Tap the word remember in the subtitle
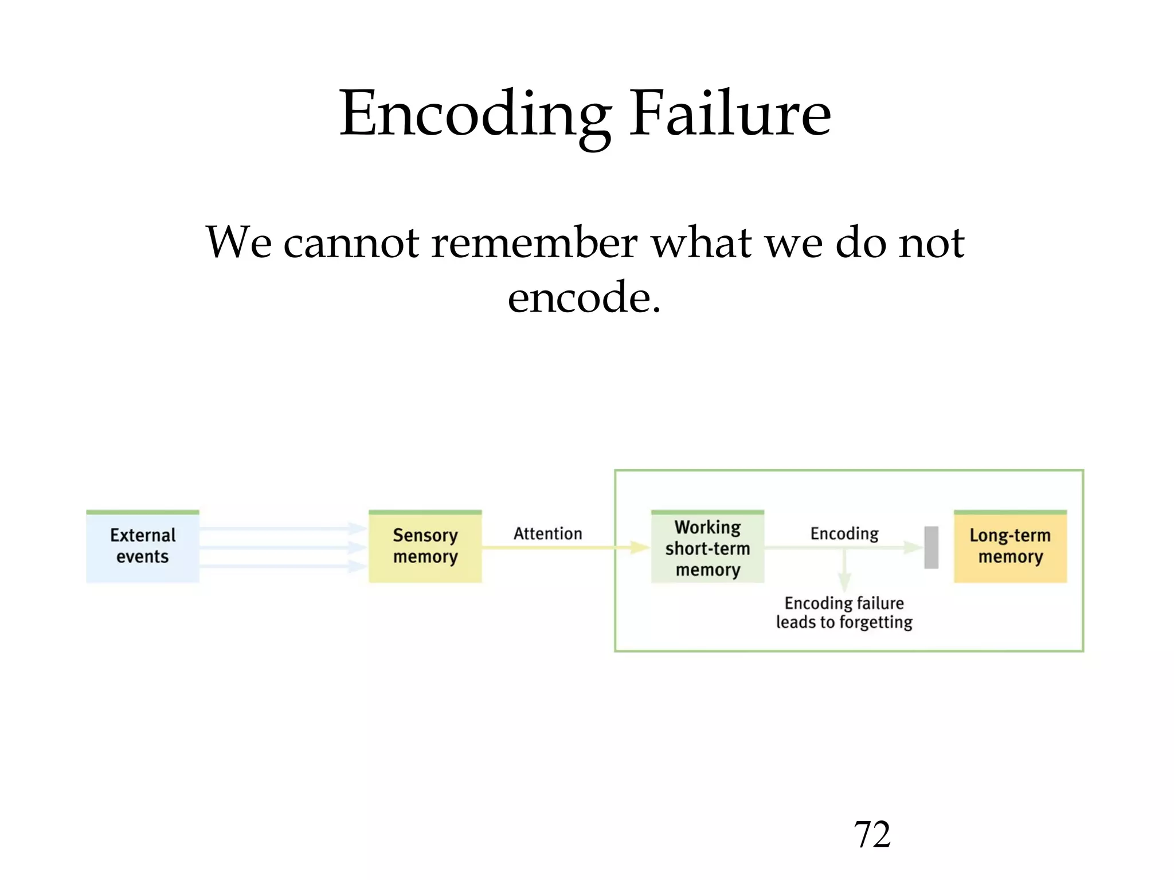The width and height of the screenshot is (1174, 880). click(x=534, y=242)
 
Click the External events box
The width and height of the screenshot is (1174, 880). click(x=143, y=547)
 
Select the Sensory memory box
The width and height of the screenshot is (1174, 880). click(x=425, y=547)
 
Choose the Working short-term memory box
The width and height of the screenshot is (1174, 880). click(x=707, y=548)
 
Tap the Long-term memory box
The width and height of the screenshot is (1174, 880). click(x=1010, y=547)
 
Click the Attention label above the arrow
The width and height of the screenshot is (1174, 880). click(x=547, y=533)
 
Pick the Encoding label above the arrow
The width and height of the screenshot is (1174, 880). click(x=844, y=533)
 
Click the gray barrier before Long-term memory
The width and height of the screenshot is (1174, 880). click(x=932, y=548)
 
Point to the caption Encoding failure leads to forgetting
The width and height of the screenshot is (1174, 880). click(x=844, y=612)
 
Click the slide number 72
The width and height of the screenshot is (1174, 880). click(x=872, y=834)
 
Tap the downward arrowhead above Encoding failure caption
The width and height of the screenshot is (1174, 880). click(x=844, y=583)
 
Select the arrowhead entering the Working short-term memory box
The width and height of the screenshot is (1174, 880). click(x=639, y=548)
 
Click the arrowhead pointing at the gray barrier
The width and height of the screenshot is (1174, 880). click(x=913, y=548)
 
